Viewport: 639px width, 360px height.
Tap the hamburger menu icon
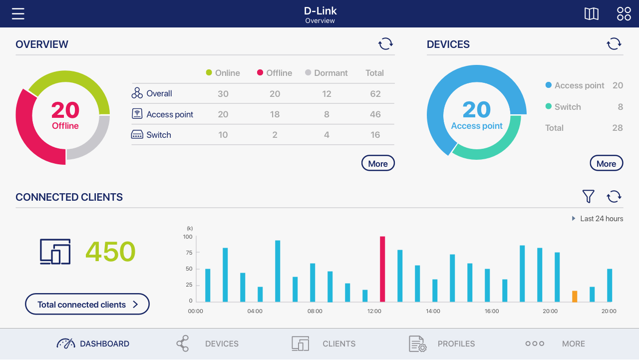pos(18,13)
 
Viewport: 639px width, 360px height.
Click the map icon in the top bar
pos(592,13)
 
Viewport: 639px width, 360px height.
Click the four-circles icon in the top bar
pos(624,13)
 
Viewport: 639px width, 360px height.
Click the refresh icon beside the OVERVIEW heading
pos(385,44)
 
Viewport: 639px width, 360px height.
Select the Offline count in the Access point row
pos(275,114)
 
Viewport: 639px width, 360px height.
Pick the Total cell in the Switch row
pos(375,135)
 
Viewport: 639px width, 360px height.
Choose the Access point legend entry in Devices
pos(579,85)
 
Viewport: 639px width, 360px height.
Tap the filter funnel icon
pos(589,197)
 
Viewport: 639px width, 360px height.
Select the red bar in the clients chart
pos(382,269)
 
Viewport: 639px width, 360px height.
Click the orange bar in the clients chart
pos(575,297)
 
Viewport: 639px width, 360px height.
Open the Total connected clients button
pos(87,304)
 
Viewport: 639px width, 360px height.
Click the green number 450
pos(110,252)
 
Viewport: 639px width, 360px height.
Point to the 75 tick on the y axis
pos(189,253)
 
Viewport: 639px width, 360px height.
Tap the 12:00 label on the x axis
pos(374,311)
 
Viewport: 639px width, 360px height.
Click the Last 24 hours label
pos(601,219)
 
